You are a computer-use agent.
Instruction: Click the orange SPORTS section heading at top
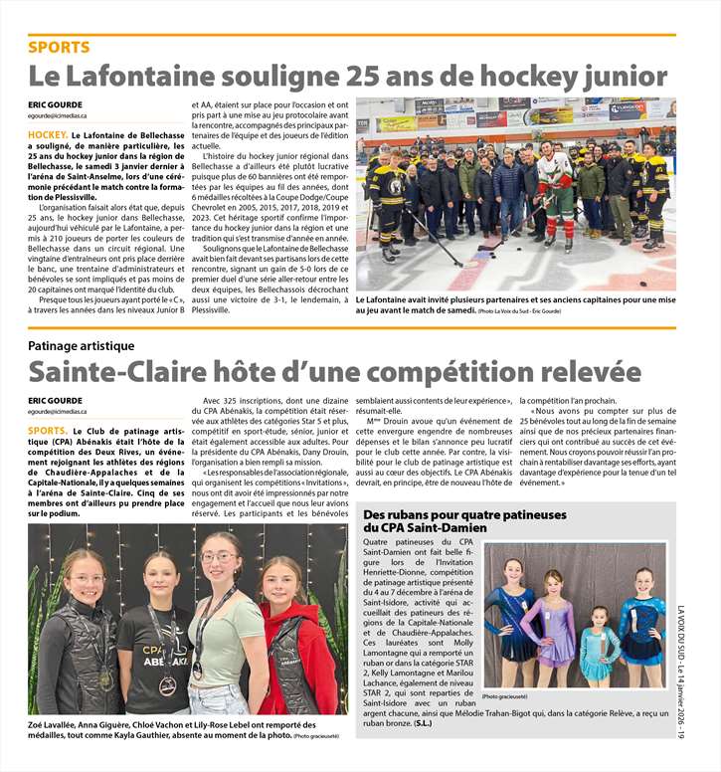click(59, 47)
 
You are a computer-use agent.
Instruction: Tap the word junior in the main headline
click(616, 76)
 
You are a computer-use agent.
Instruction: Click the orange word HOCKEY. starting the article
click(48, 133)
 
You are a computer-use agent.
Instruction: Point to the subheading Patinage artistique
click(81, 345)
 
